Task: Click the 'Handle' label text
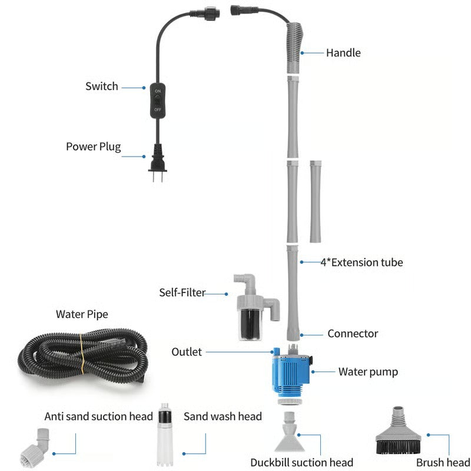[343, 53]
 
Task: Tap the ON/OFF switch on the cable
[158, 101]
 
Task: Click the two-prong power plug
[157, 162]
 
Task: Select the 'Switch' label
[102, 87]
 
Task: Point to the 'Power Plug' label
[93, 147]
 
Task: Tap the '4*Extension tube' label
[361, 262]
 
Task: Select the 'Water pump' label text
[368, 372]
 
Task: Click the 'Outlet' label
[187, 352]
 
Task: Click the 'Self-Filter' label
[182, 293]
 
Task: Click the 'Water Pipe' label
[82, 314]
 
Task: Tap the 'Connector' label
[353, 334]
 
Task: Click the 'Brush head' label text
[442, 462]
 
